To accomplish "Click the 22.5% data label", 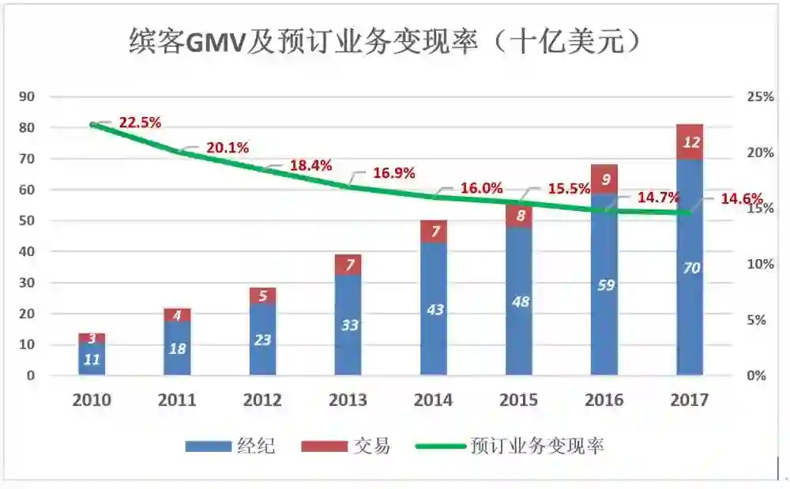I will pyautogui.click(x=140, y=122).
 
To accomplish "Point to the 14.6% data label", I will pyautogui.click(x=742, y=198).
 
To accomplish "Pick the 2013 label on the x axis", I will pyautogui.click(x=348, y=401).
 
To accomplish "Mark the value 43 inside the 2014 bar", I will pyautogui.click(x=434, y=310).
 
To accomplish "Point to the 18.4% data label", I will pyautogui.click(x=310, y=166).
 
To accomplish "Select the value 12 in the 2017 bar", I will pyautogui.click(x=690, y=142).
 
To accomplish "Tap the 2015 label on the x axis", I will pyautogui.click(x=519, y=401).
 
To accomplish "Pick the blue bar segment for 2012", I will pyautogui.click(x=262, y=340).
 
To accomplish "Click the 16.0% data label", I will pyautogui.click(x=481, y=188).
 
